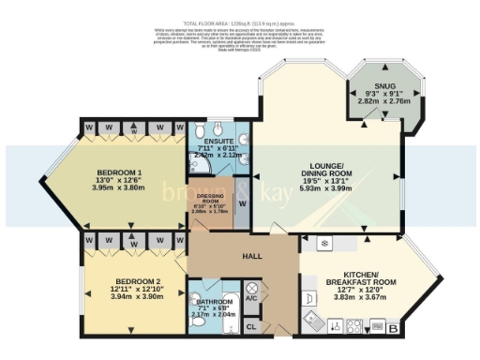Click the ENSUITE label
[x=217, y=141]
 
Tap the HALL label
[x=252, y=256]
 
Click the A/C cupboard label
[x=251, y=298]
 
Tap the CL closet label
[x=251, y=326]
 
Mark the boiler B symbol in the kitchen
[x=393, y=327]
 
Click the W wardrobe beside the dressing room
[x=242, y=202]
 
